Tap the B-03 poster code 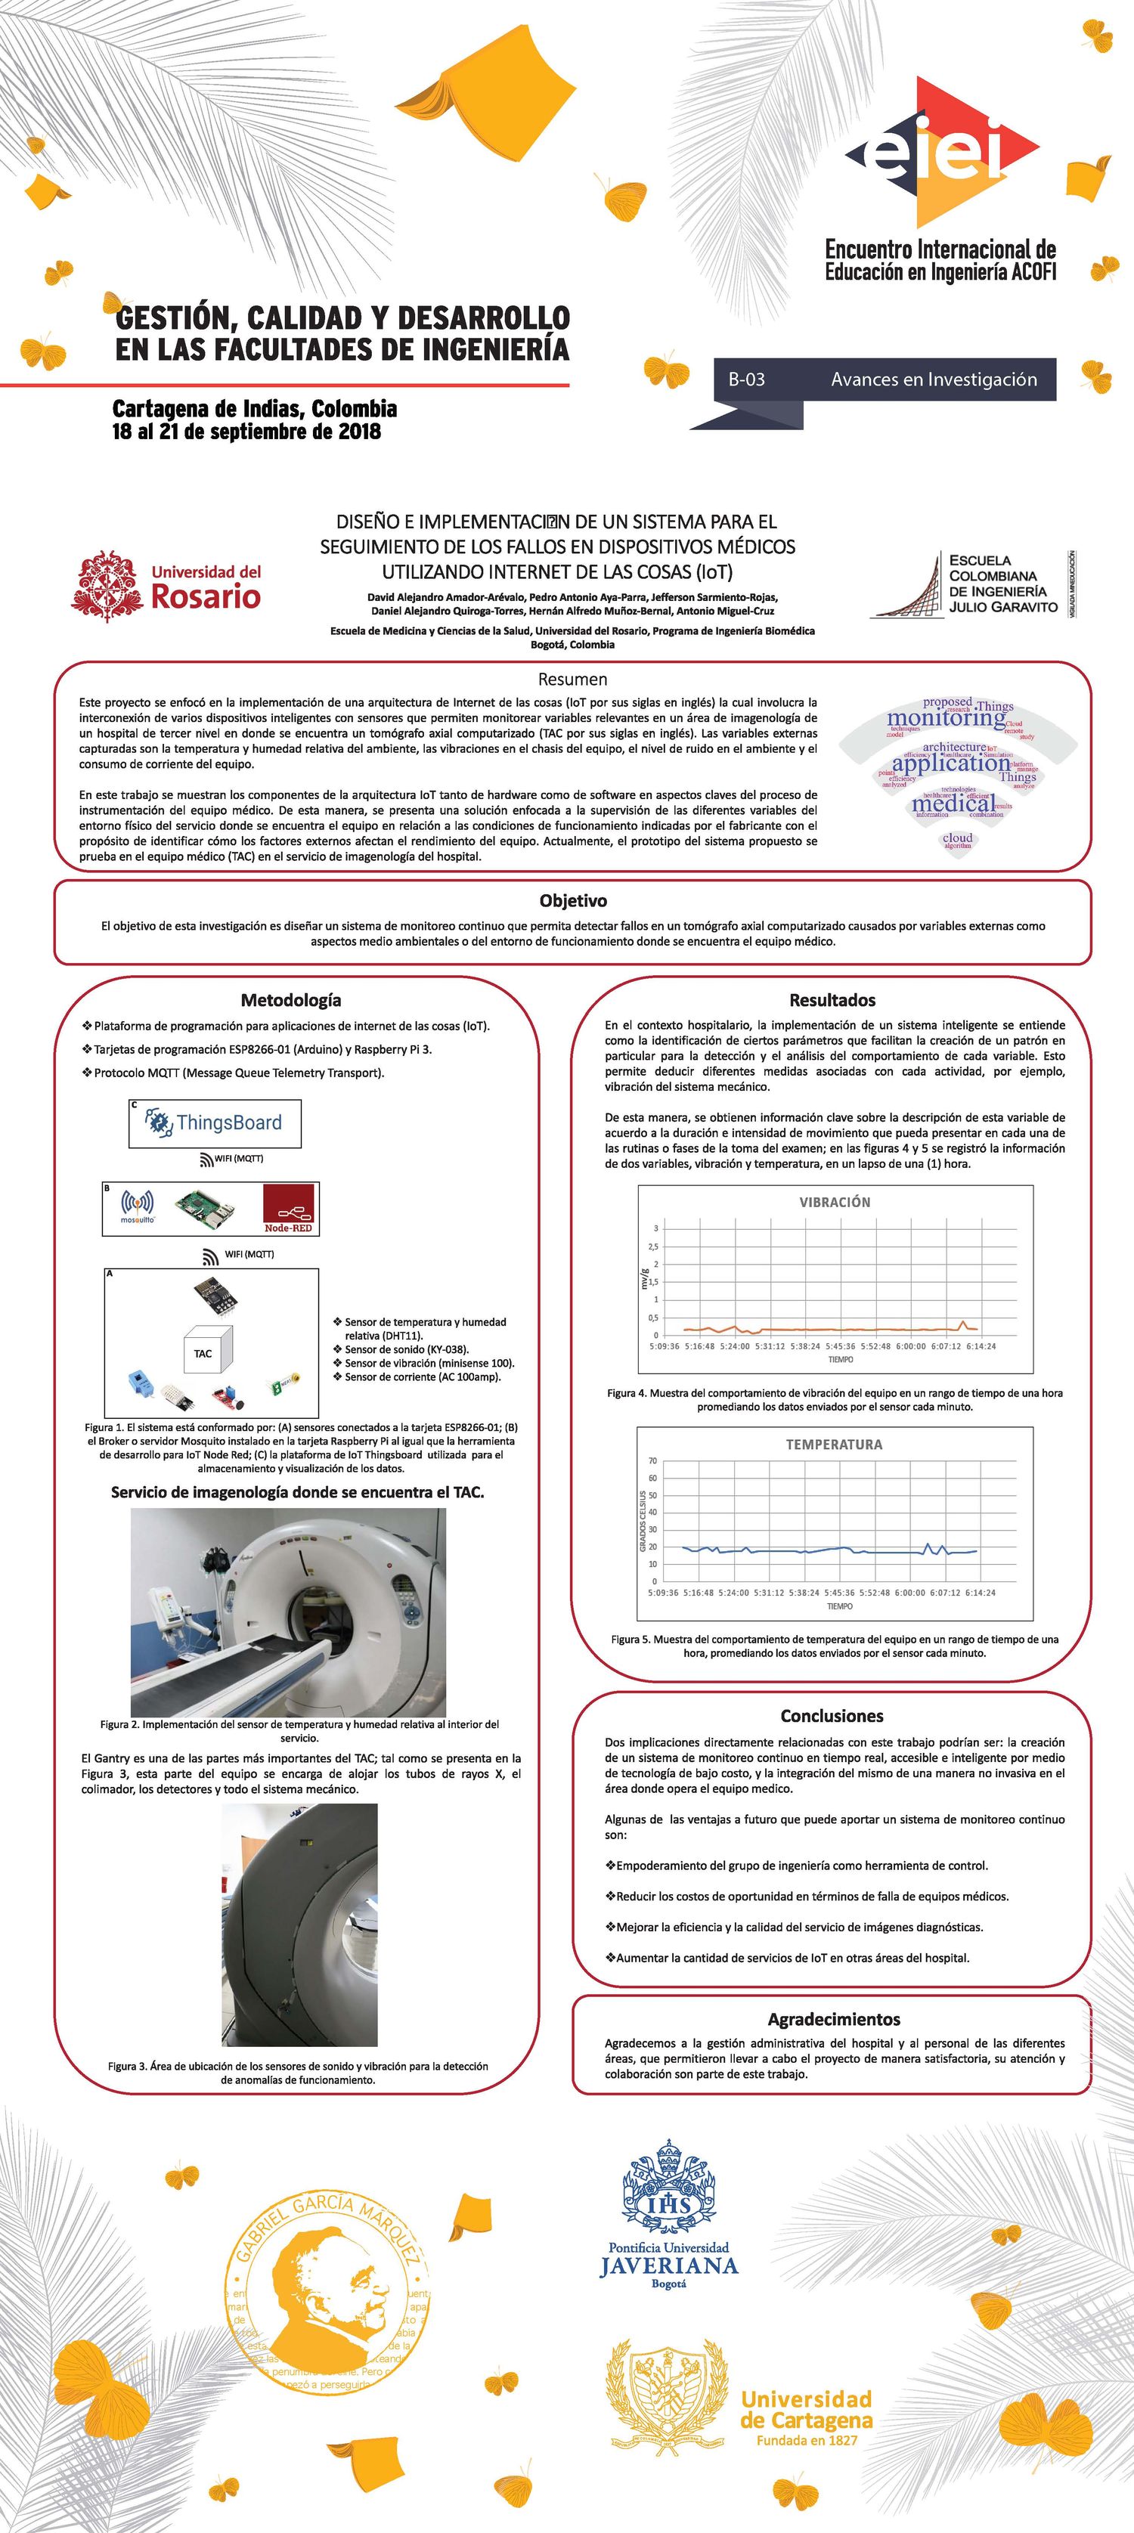pos(746,379)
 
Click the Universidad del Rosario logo pos(167,586)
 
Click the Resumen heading pos(572,680)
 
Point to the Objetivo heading pos(572,901)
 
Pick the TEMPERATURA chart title pos(834,1445)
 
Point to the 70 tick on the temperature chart pos(652,1461)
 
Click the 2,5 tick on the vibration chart pos(654,1246)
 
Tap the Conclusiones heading pos(832,1716)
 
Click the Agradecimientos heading pos(833,2019)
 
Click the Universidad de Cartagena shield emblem pos(667,2392)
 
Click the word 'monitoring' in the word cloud pos(945,718)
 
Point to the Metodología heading pos(291,1000)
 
